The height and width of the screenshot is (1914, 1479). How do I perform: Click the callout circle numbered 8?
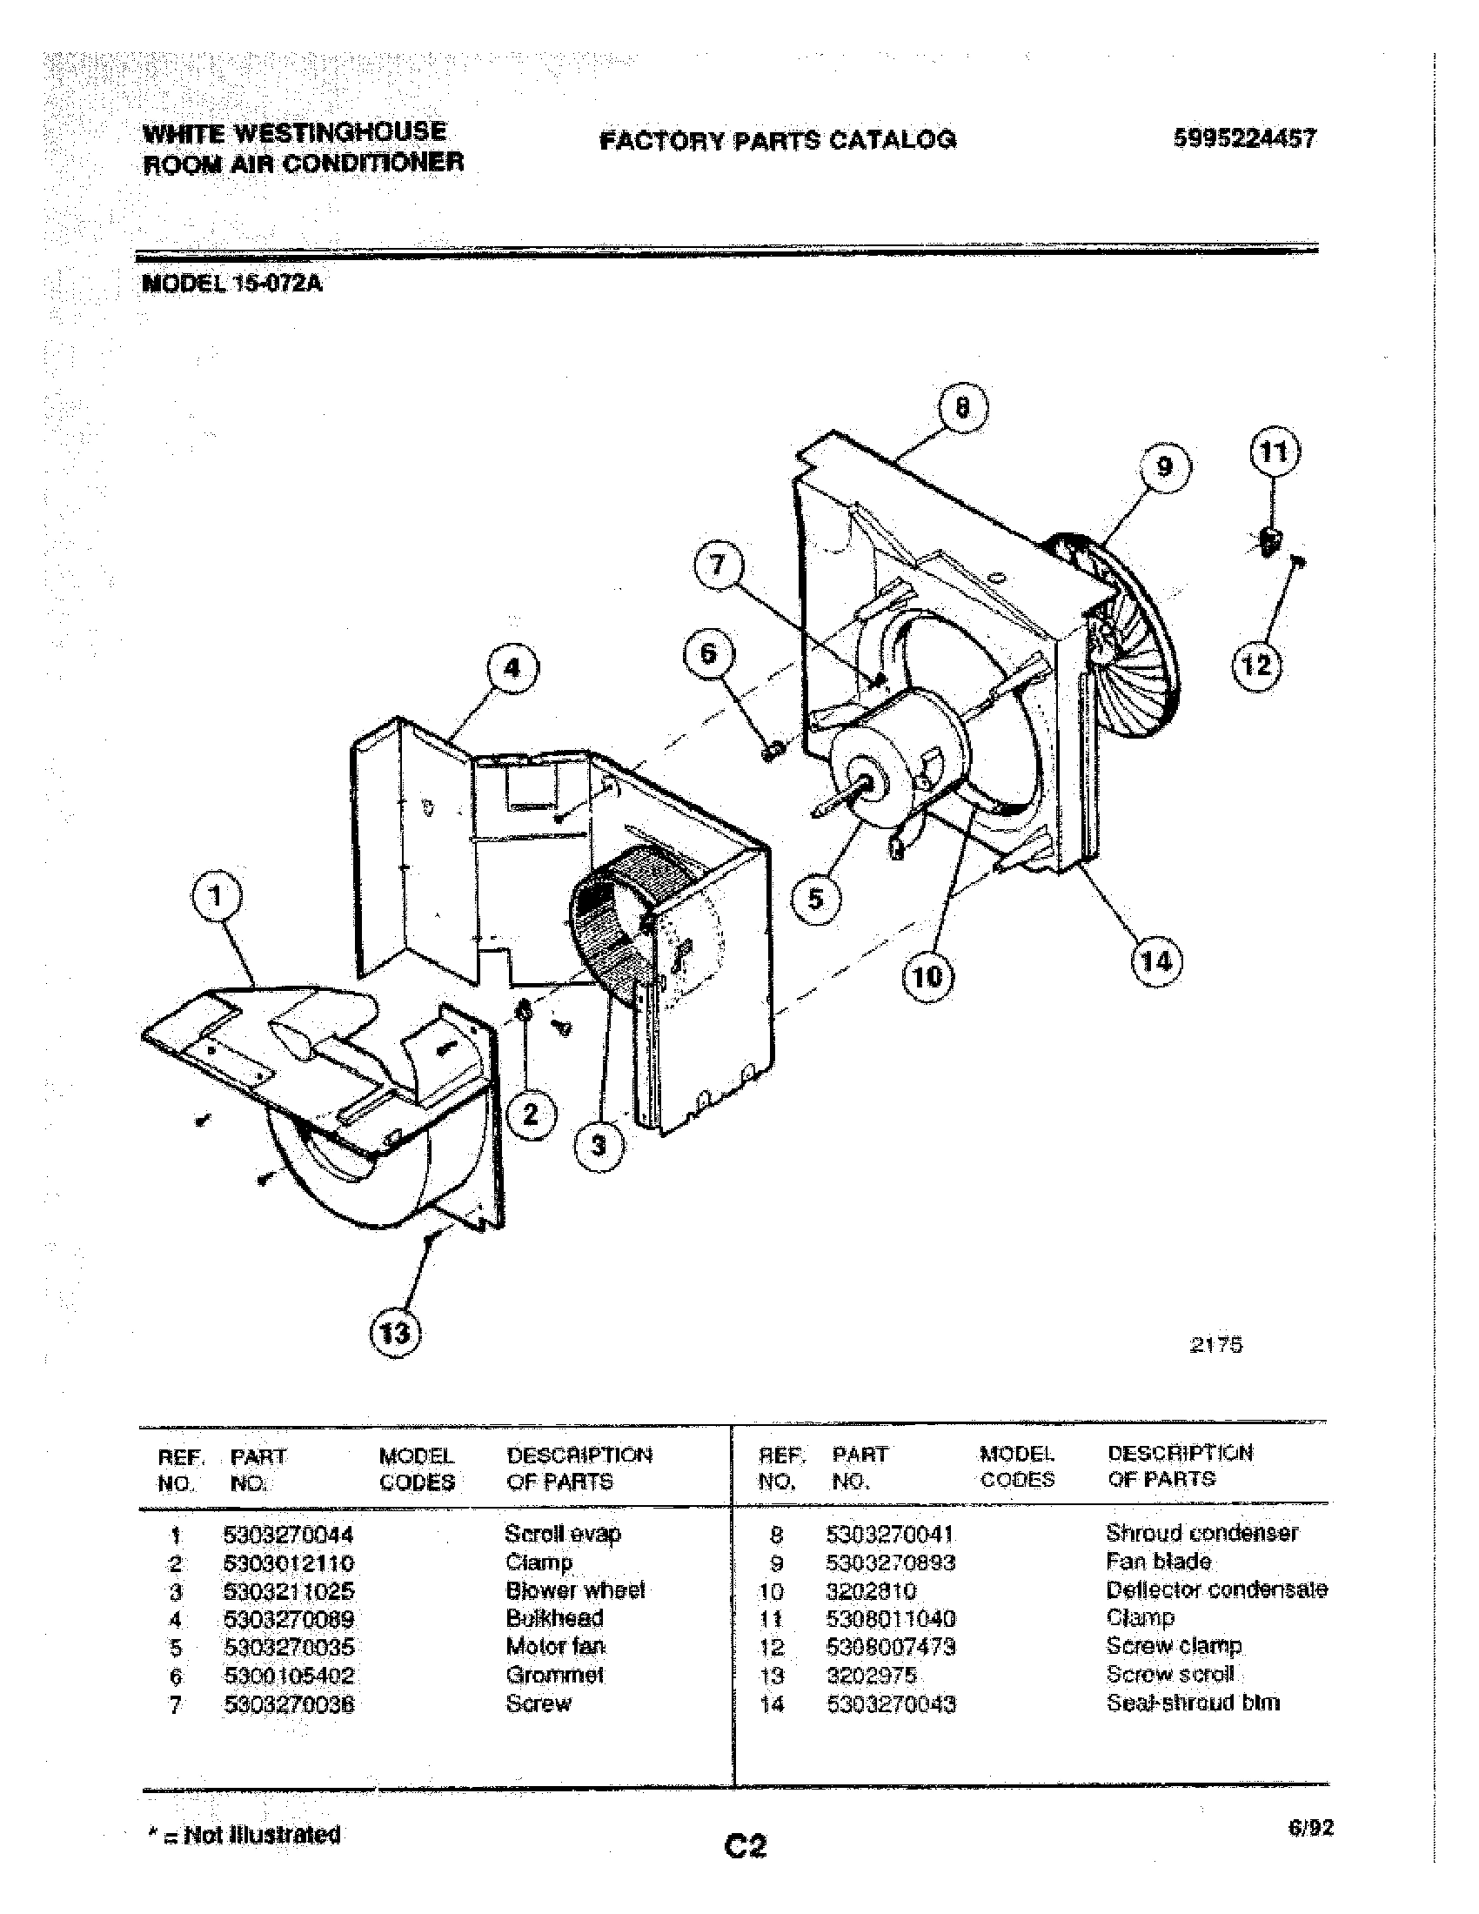(962, 408)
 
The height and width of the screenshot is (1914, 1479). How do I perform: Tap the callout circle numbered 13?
(395, 1333)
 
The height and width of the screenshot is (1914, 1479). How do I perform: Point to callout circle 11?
(1273, 453)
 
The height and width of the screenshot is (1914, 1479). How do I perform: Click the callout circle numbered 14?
(1155, 961)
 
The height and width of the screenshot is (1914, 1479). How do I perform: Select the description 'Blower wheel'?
(575, 1589)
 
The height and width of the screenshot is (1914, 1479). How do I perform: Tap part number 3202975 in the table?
(871, 1675)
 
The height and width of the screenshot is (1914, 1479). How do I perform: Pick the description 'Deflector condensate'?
(1215, 1589)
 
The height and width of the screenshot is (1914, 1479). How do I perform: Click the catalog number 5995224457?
(1244, 138)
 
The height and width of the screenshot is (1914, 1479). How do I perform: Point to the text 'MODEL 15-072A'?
(232, 284)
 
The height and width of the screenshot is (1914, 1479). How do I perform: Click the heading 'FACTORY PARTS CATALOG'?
(777, 140)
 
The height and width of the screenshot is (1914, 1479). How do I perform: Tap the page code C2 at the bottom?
(745, 1846)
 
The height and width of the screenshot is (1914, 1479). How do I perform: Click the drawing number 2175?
(1216, 1345)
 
